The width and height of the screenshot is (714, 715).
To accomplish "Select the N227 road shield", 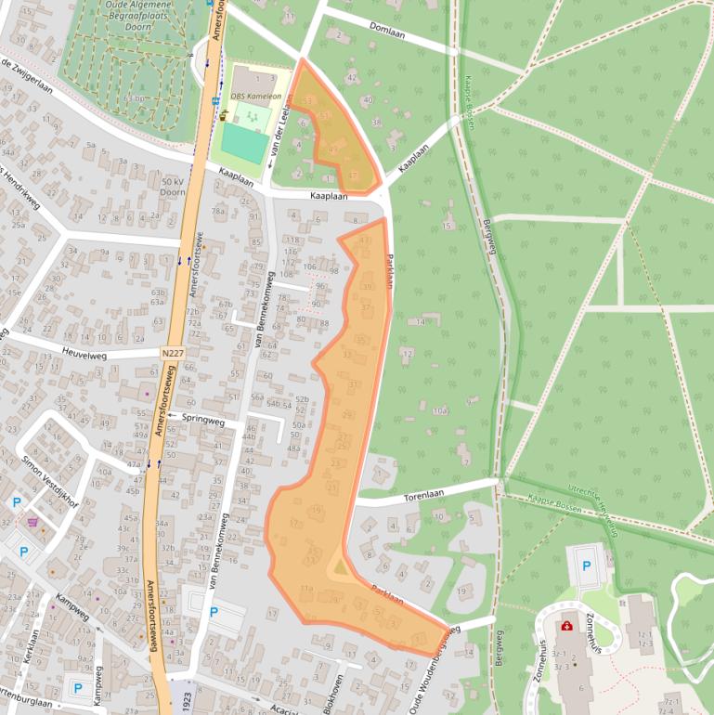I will tap(172, 354).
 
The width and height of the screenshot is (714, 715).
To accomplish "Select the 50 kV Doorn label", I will tap(174, 187).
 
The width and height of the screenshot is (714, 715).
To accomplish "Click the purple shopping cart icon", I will tap(34, 522).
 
